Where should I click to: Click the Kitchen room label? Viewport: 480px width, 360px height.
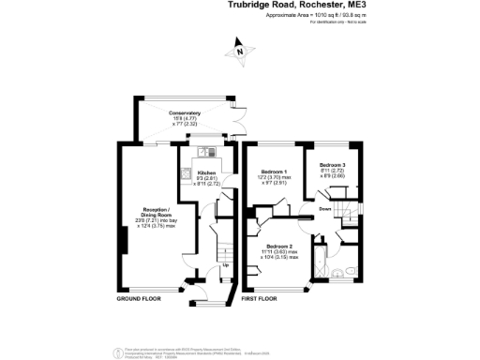pos(206,173)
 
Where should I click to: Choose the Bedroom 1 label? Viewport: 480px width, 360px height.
pos(274,173)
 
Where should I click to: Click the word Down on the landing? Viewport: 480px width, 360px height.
pos(323,209)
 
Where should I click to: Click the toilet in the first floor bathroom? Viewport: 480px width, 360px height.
pos(349,273)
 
